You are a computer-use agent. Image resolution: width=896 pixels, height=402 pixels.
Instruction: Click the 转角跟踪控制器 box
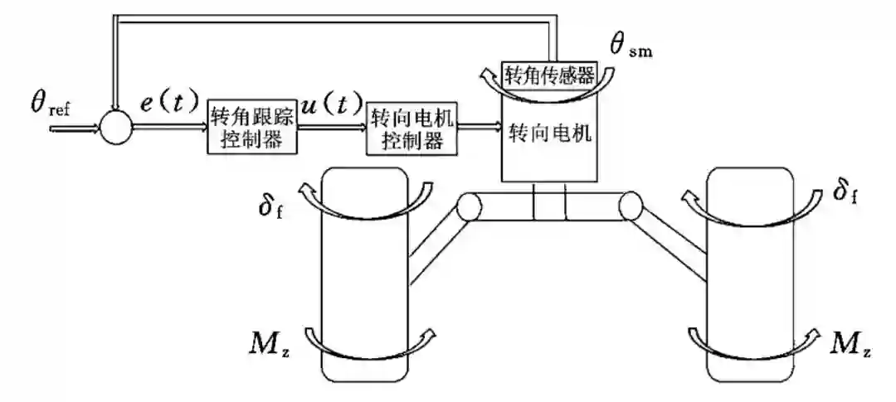point(251,128)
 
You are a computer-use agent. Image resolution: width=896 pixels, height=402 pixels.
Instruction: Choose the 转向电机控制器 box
point(412,129)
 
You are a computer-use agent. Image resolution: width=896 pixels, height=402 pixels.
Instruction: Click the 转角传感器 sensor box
point(550,75)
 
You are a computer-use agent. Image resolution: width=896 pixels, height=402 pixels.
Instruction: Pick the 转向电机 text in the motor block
point(550,133)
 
